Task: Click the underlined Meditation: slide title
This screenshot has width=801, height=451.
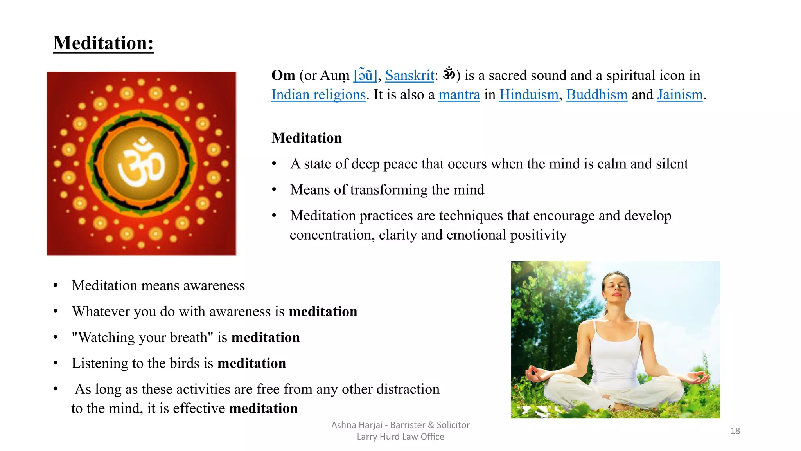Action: (x=103, y=43)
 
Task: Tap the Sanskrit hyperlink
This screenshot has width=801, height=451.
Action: (x=409, y=76)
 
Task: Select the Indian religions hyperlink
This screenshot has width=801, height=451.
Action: (x=318, y=95)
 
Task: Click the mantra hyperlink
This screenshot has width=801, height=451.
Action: (x=459, y=95)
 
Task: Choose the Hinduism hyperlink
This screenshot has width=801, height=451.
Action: (x=528, y=95)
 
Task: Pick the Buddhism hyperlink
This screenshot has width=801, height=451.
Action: (x=596, y=95)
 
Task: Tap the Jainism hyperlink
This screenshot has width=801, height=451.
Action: (x=679, y=95)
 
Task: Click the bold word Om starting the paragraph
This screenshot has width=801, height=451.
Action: (x=283, y=76)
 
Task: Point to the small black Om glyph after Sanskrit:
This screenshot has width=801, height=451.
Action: (x=449, y=73)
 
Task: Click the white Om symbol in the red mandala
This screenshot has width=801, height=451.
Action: (x=141, y=164)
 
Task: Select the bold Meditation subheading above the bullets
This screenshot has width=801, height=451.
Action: (x=307, y=138)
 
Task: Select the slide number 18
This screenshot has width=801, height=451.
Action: (x=735, y=431)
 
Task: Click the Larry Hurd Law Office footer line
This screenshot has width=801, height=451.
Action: (x=400, y=437)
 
